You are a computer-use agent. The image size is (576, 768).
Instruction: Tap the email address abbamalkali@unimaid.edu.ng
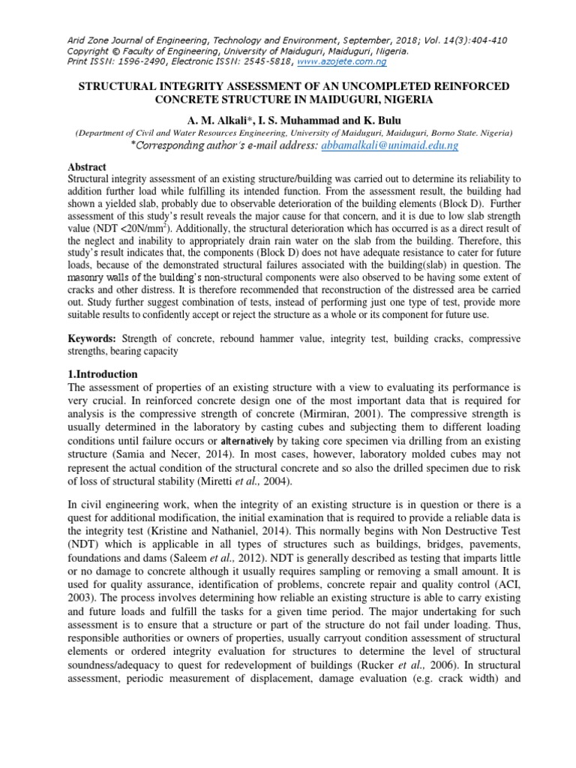389,145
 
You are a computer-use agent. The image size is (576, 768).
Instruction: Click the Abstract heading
87,167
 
